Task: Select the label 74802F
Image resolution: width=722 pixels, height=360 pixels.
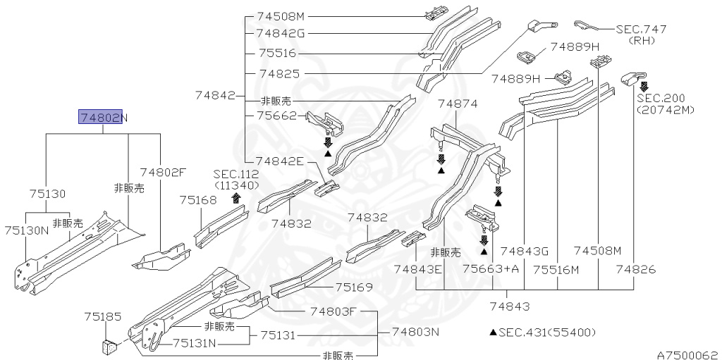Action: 163,172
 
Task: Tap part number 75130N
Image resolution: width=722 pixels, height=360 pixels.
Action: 26,230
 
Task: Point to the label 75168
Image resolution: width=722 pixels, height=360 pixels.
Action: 198,200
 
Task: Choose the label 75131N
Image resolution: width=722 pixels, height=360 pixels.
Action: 196,343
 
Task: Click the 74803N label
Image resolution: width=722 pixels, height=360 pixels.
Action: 415,332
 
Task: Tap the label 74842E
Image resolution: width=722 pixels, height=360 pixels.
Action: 279,161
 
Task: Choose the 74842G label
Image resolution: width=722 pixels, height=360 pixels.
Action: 280,32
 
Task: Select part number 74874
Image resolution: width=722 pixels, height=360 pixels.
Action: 458,104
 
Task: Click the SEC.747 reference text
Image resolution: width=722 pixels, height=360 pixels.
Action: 641,30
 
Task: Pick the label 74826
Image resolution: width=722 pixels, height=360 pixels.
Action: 635,268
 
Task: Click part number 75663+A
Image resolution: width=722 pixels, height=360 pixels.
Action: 491,268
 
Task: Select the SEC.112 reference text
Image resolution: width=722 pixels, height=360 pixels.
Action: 236,174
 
